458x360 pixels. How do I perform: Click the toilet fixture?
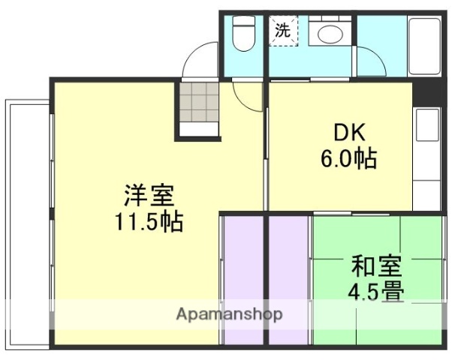point(243,34)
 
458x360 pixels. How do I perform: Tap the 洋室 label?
point(149,196)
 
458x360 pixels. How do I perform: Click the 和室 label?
point(375,265)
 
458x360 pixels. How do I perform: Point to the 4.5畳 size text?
point(375,291)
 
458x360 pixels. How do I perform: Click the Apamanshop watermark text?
point(229,314)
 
